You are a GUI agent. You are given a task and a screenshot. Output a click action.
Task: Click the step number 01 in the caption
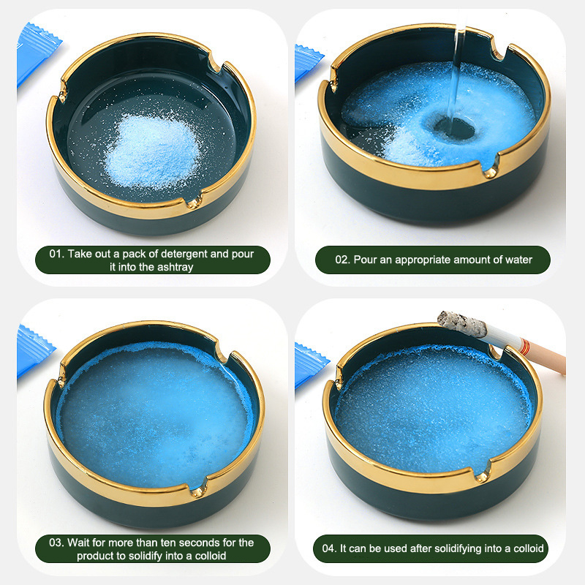56,254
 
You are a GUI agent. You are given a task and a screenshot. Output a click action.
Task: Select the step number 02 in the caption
342,260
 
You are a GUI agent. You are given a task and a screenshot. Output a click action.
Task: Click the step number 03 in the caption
56,543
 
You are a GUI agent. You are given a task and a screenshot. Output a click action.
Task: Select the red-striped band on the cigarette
525,347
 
